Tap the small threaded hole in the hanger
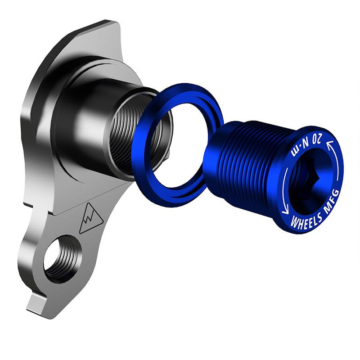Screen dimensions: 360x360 pos(63,259)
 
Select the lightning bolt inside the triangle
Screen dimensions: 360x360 pos(90,220)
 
